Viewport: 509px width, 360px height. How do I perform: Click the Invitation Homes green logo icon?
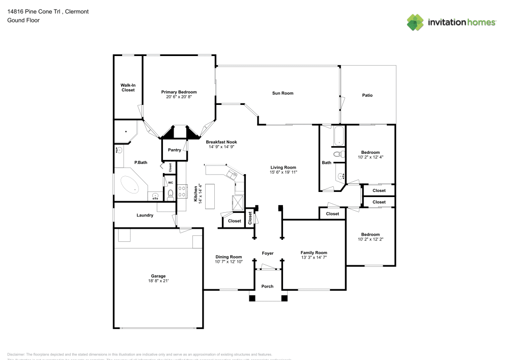[415, 22]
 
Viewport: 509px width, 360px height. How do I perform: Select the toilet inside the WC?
[171, 193]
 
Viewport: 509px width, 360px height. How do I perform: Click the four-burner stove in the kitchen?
[182, 191]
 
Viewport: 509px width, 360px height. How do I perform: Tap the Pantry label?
[175, 150]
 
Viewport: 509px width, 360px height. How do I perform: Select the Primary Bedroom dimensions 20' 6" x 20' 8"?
[179, 97]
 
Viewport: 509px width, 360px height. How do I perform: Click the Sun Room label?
[282, 93]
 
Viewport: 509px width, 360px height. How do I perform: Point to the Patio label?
[367, 95]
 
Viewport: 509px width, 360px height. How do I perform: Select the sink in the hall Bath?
[340, 177]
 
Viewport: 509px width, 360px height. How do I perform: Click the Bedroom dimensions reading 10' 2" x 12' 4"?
[370, 157]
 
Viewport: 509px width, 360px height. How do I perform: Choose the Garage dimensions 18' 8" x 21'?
[158, 281]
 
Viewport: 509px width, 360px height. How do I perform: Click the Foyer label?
[268, 253]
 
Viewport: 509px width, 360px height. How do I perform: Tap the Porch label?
[267, 286]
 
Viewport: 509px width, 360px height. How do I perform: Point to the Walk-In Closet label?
[128, 88]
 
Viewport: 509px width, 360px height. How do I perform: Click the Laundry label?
[145, 215]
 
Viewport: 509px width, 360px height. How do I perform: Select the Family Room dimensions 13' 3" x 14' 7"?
[314, 258]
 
